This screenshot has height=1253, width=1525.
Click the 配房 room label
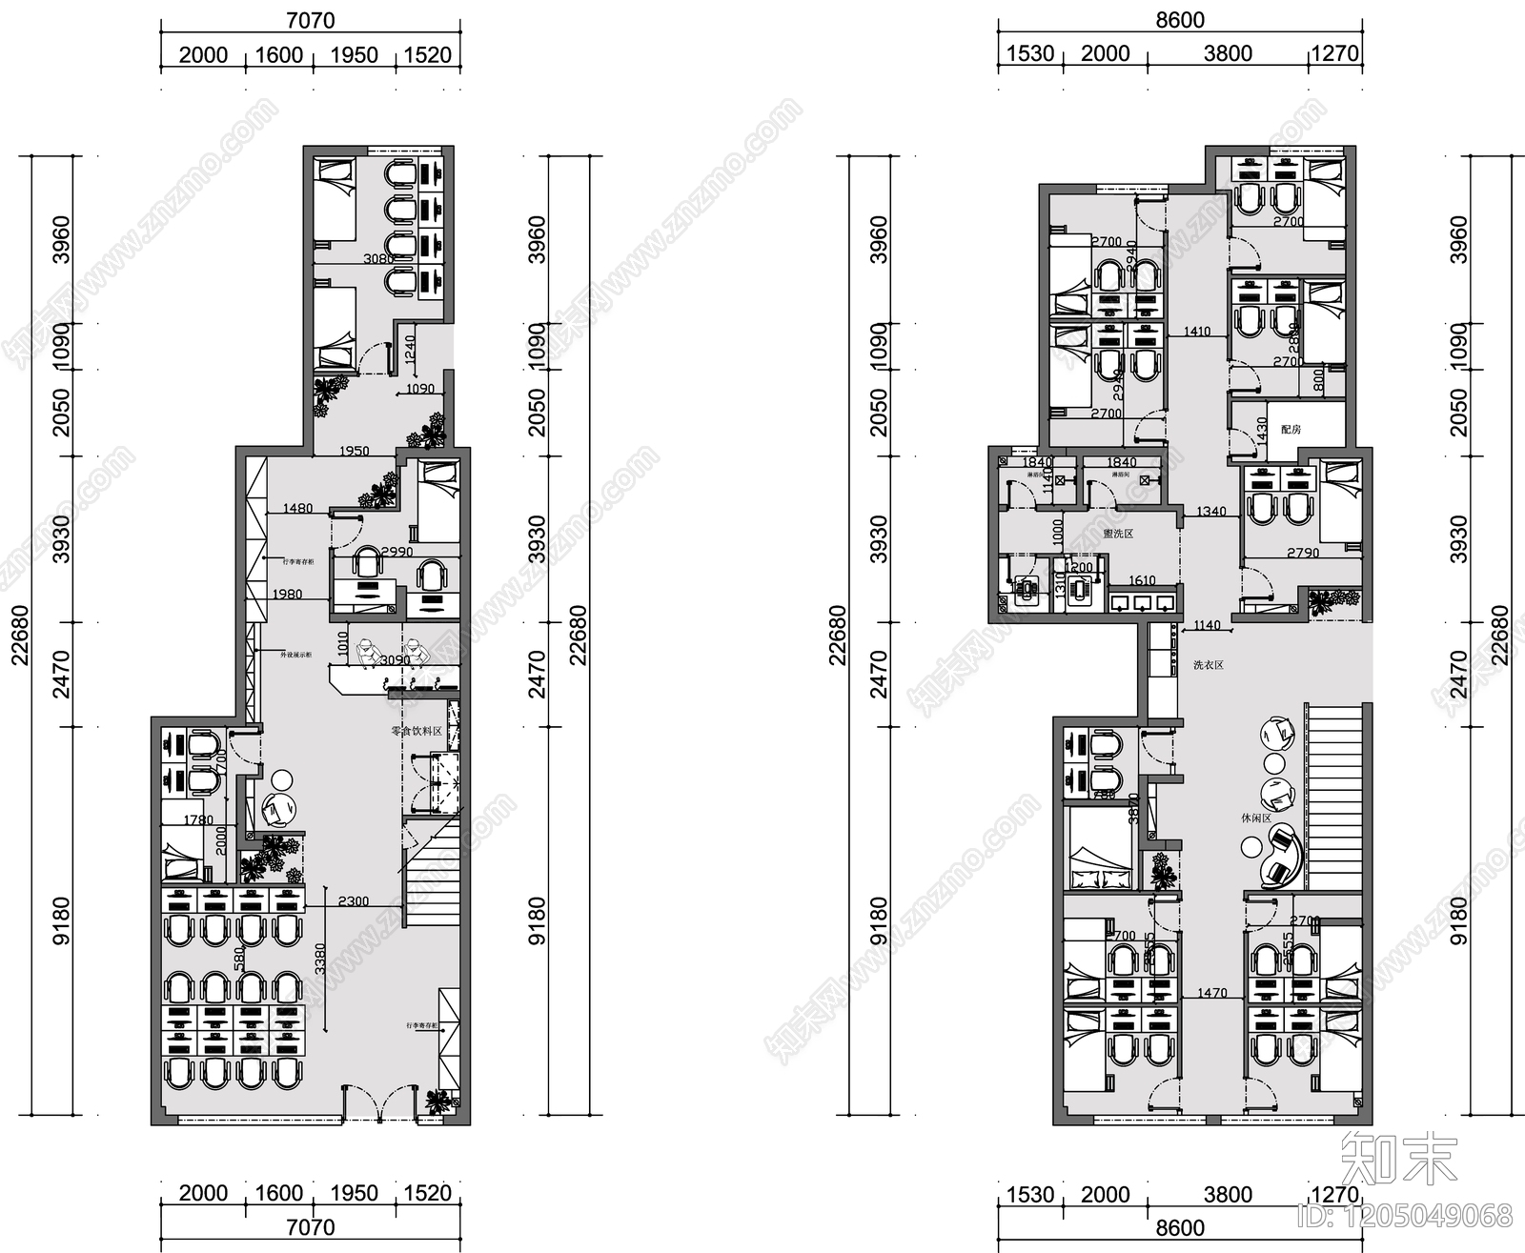click(x=1291, y=430)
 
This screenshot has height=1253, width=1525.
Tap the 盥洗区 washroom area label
click(x=1117, y=534)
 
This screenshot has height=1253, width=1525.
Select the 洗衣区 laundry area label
click(x=1208, y=665)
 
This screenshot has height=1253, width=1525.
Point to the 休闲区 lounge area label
click(x=1255, y=818)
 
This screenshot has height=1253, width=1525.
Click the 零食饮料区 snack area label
click(x=417, y=732)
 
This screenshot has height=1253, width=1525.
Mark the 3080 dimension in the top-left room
click(x=378, y=258)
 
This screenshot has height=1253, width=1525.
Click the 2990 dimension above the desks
click(x=396, y=552)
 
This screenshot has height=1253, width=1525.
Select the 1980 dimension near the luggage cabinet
click(x=287, y=595)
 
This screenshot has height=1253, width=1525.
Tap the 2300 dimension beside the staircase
click(x=353, y=901)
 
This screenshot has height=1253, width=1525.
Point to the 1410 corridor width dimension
click(x=1197, y=332)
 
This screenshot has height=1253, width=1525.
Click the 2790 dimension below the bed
click(x=1303, y=553)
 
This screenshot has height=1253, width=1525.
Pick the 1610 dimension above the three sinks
click(x=1142, y=580)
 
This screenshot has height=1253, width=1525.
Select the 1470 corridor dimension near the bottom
click(x=1211, y=993)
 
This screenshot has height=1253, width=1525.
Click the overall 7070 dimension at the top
click(x=311, y=20)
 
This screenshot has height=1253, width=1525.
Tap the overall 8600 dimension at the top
click(x=1180, y=20)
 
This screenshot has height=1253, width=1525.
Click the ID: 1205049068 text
click(x=1405, y=1215)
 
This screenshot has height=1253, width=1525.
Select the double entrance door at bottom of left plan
click(x=379, y=1105)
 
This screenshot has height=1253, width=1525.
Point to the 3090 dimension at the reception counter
click(x=395, y=660)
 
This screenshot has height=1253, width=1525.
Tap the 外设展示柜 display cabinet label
click(x=294, y=655)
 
